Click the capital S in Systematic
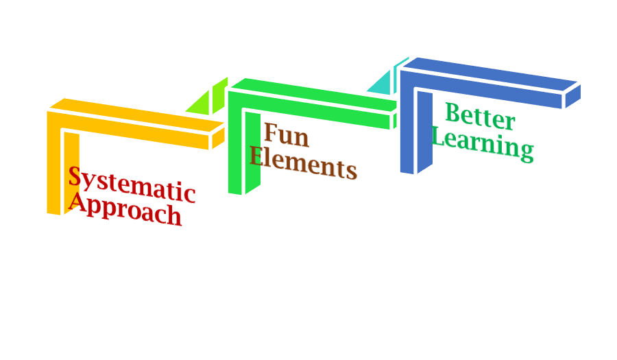tap(75, 178)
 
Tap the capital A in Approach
tap(77, 201)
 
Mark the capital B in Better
tap(453, 112)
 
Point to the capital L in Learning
tap(439, 137)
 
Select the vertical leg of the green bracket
tap(235, 147)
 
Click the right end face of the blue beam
tap(572, 96)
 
